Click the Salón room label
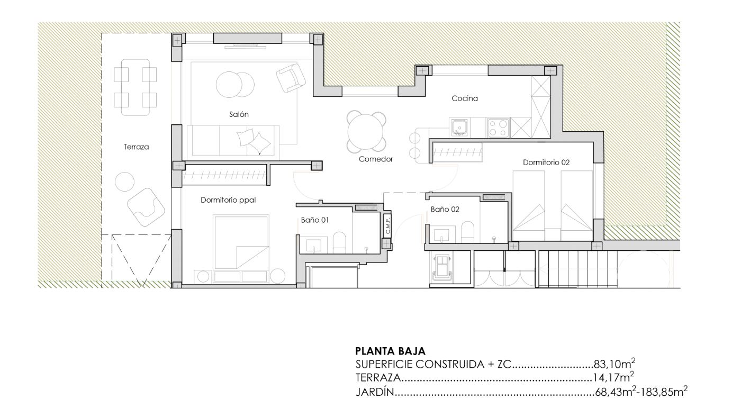point(239,114)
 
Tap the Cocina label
point(465,98)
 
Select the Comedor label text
point(376,159)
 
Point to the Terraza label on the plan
point(136,147)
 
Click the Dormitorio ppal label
point(228,200)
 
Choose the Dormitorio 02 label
point(546,162)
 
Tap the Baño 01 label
point(315,220)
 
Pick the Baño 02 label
point(445,210)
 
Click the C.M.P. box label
point(387,225)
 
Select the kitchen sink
point(459,128)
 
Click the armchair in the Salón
point(291,78)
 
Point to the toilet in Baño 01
point(339,243)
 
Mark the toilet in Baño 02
point(467,232)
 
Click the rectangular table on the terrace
point(135,87)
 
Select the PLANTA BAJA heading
point(390,351)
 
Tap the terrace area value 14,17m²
point(613,377)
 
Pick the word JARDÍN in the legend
point(375,392)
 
